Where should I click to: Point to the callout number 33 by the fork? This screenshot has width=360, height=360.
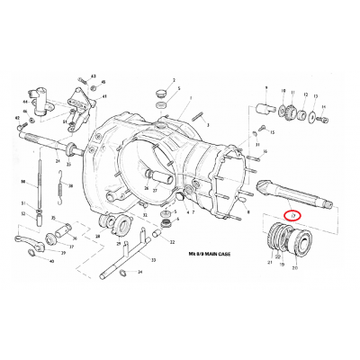(153, 260)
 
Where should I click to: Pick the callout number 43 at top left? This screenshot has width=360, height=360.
(93, 76)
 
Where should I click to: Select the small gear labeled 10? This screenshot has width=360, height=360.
(285, 112)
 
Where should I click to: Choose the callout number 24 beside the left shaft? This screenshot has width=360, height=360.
(57, 162)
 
